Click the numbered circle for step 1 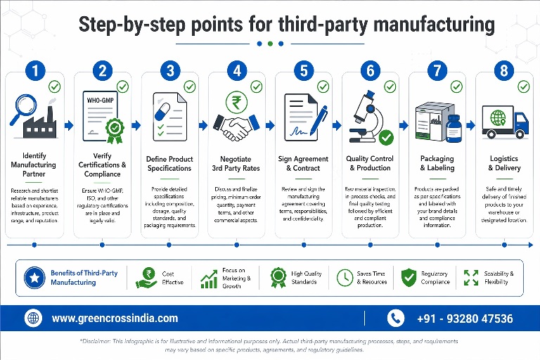click(35, 70)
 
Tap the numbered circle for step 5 click(303, 70)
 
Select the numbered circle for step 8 click(503, 70)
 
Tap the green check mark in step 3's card click(190, 86)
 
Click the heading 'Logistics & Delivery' click(504, 163)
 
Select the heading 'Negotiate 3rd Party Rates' click(237, 163)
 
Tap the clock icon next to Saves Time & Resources click(345, 277)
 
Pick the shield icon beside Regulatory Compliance click(409, 277)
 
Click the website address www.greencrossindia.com click(115, 318)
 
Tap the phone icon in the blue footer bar click(397, 318)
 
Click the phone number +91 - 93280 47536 click(465, 319)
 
